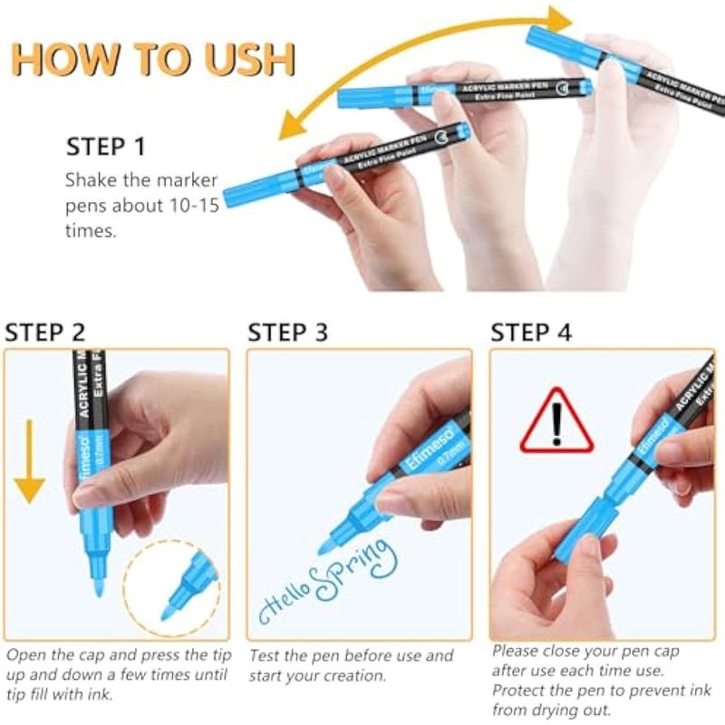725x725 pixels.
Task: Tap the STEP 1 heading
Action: click(x=106, y=147)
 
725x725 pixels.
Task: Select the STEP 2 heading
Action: click(x=44, y=333)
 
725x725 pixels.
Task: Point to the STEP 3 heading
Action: click(x=287, y=333)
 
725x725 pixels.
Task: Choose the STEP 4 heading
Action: click(x=531, y=333)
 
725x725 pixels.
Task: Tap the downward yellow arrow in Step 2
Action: click(x=30, y=461)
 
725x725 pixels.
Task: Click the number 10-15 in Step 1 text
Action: click(x=194, y=206)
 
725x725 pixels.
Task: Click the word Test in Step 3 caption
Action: click(x=265, y=655)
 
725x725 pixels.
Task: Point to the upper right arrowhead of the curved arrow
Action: click(x=560, y=19)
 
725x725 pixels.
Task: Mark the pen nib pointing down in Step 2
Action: click(x=99, y=586)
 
